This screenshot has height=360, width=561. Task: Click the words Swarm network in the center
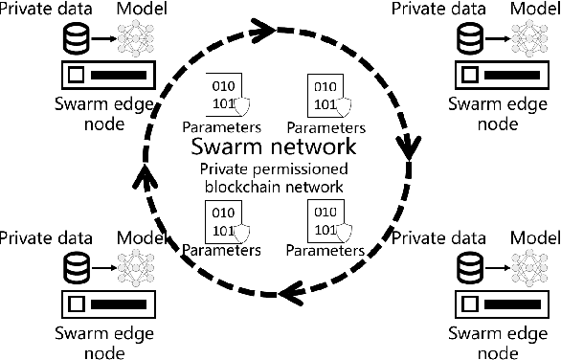point(274,148)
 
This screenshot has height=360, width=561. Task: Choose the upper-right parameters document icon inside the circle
point(322,97)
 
